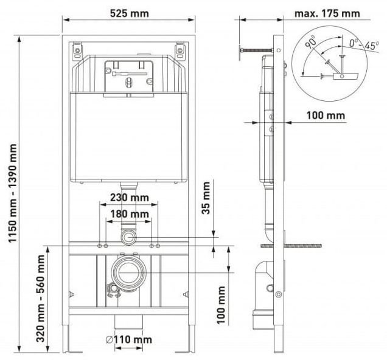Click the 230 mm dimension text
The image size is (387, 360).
[x=130, y=197]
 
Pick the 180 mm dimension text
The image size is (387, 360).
[x=130, y=214]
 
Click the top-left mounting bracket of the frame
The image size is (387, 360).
[x=78, y=47]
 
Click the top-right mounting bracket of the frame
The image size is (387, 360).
[x=181, y=47]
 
